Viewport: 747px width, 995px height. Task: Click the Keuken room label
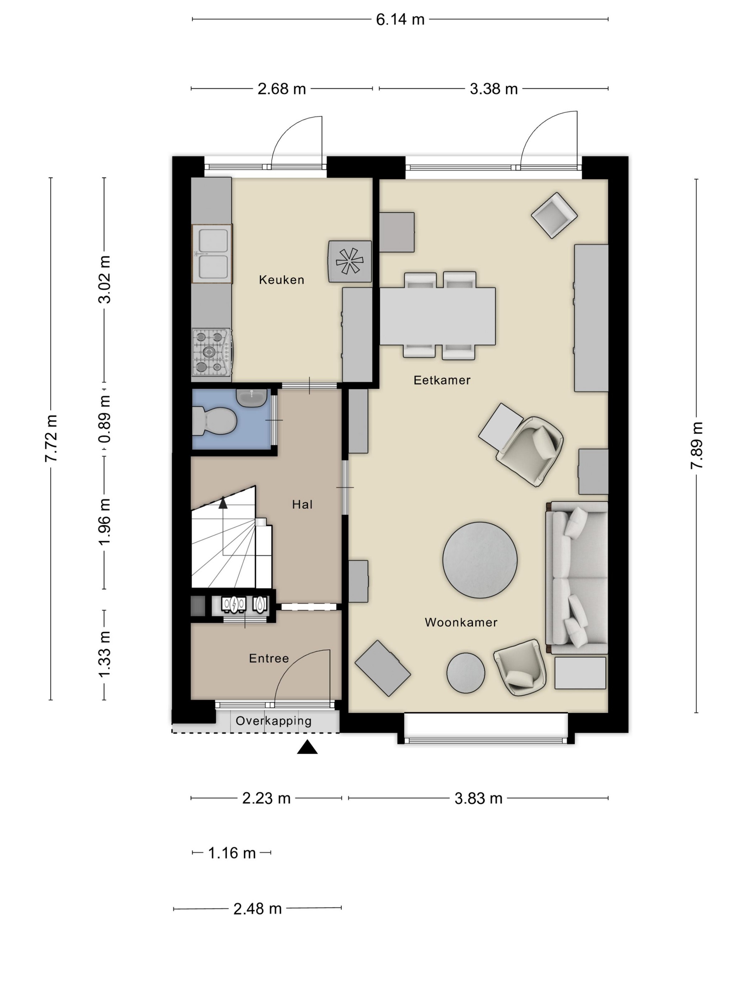click(281, 280)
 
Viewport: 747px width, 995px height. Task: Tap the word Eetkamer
click(442, 380)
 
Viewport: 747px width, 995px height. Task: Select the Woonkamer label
click(461, 622)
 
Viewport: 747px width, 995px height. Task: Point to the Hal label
click(302, 504)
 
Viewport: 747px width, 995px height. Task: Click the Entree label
click(269, 658)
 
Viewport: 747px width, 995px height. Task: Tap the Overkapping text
click(273, 721)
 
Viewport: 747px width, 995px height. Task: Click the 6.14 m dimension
click(400, 19)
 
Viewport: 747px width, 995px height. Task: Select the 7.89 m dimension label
click(696, 446)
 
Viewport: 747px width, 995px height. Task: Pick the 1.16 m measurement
click(232, 853)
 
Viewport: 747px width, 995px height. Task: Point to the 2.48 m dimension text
click(258, 909)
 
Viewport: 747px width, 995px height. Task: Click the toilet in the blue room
click(214, 421)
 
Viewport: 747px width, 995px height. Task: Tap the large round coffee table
click(480, 560)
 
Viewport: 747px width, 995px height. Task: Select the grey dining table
click(437, 316)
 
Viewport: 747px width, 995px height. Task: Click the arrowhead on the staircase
click(223, 502)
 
